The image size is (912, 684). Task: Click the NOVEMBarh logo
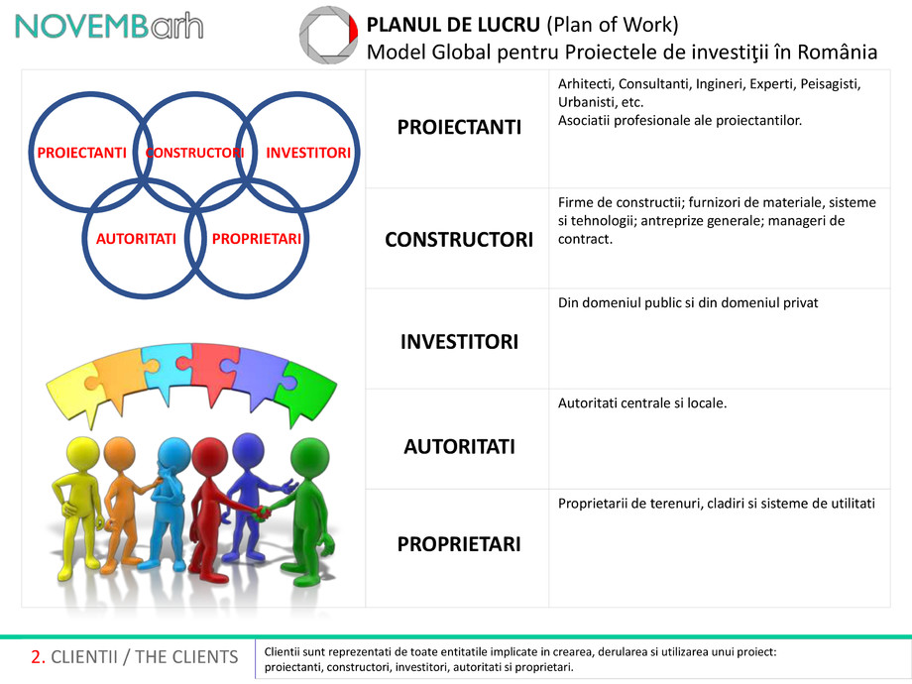point(109,27)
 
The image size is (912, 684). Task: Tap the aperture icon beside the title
point(327,36)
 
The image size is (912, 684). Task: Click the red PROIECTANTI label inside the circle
point(81,154)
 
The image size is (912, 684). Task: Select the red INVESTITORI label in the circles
point(308,154)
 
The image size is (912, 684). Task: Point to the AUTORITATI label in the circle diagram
point(136,239)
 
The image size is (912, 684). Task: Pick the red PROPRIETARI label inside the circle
point(257,239)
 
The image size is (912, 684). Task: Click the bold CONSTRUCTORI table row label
point(458,240)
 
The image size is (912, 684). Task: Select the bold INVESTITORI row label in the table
point(458,342)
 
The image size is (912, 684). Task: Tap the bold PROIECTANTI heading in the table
point(458,127)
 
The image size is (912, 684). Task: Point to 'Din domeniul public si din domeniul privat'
point(688,302)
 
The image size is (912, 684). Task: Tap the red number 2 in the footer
point(37,657)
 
